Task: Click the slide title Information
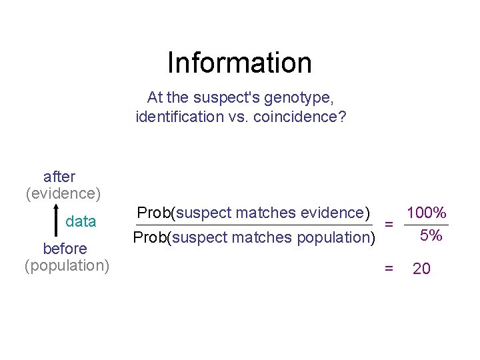(239, 63)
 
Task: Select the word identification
(175, 117)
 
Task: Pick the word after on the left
(59, 177)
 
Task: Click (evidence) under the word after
(63, 193)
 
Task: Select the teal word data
(81, 221)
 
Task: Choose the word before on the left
(65, 249)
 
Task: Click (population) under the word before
(67, 265)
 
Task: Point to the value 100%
(426, 213)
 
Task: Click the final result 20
(421, 269)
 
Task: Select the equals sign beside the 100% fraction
(389, 225)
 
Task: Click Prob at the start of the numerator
(153, 213)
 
